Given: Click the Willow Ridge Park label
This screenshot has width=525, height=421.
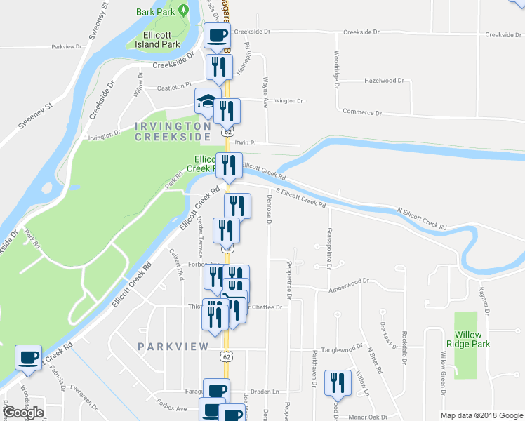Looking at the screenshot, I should [468, 340].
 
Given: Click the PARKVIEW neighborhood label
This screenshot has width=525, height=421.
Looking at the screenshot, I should [173, 347].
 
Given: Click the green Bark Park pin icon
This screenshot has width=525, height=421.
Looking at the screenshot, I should [183, 10].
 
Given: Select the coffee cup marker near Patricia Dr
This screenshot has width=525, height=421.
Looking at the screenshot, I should [29, 357].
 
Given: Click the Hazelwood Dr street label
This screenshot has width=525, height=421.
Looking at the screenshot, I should [385, 81].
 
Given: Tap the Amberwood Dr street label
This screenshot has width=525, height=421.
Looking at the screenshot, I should [349, 281].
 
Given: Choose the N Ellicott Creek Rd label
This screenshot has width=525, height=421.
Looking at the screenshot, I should [422, 219].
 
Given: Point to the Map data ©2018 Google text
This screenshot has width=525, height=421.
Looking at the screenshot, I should [481, 415].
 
